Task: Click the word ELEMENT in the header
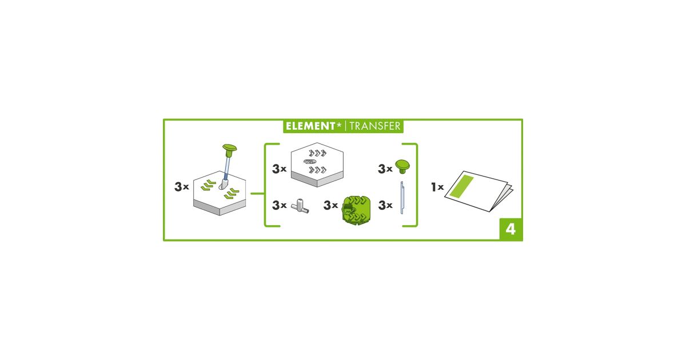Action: [310, 126]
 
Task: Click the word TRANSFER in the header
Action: [375, 126]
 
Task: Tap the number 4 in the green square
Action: [510, 229]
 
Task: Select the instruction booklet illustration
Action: [479, 191]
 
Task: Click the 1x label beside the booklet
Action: [437, 187]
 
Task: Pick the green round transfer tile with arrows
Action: [356, 210]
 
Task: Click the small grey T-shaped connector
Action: [300, 206]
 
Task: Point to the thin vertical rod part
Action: [402, 198]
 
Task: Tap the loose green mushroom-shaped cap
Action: [402, 166]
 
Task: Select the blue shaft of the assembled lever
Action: [227, 169]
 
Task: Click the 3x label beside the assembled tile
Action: [182, 186]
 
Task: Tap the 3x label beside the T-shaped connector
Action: [280, 205]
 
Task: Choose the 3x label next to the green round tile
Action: [331, 205]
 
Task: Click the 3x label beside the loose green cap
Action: [385, 169]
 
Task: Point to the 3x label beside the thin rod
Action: [385, 205]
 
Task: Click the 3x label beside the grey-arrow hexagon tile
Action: [280, 169]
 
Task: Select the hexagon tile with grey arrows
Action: [317, 165]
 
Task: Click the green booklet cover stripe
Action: [461, 186]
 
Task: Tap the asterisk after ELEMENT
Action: [339, 125]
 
